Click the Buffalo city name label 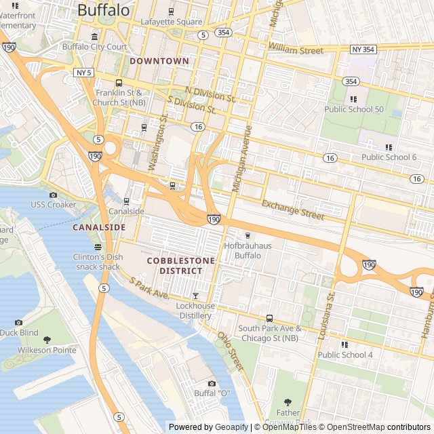tap(103, 9)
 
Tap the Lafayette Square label tap(172, 21)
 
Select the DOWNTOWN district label tap(159, 61)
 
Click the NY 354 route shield tap(363, 50)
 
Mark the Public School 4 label tap(345, 355)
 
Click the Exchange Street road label tap(293, 210)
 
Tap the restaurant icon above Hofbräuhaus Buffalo tap(248, 235)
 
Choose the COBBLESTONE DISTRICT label tap(180, 266)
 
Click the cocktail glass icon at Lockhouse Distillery tap(196, 296)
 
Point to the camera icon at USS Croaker tap(54, 195)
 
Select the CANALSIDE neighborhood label tap(99, 227)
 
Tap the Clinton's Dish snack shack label tap(98, 261)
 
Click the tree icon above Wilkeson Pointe tap(47, 340)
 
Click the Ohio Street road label tap(230, 349)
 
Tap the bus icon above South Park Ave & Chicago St tap(269, 318)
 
